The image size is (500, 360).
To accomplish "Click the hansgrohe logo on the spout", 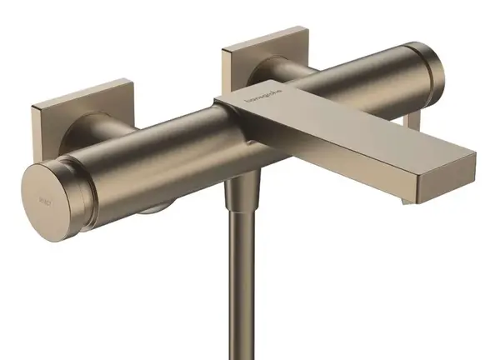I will pyautogui.click(x=261, y=102).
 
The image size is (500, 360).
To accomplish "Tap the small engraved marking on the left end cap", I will pyautogui.click(x=44, y=198).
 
